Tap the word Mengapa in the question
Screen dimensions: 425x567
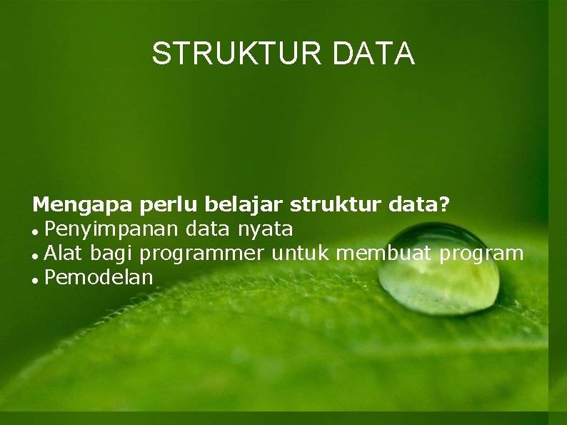[82, 206]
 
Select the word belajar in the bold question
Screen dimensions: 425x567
[246, 206]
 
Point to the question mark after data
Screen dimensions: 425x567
[445, 206]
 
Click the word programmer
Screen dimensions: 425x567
[201, 254]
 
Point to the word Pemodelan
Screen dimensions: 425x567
[99, 277]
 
